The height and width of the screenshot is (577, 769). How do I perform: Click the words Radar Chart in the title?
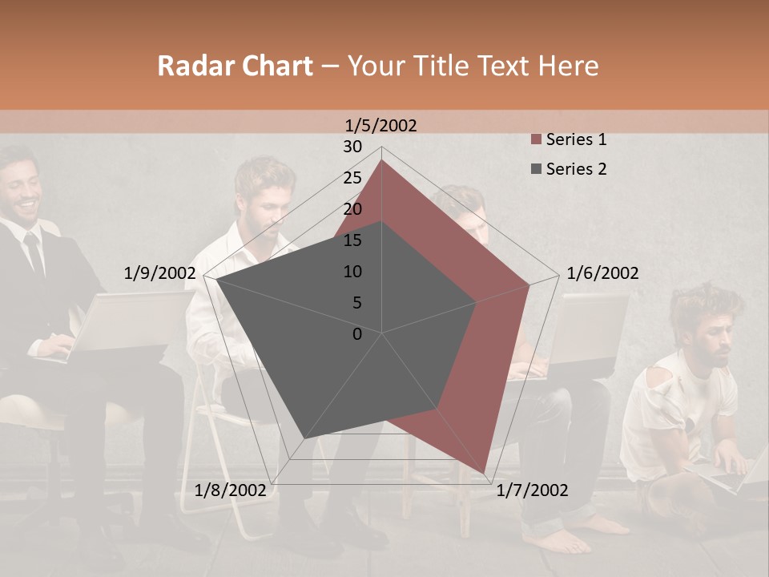(235, 66)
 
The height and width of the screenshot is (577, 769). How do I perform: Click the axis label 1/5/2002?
(381, 125)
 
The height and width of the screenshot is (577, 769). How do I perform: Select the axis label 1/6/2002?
(602, 273)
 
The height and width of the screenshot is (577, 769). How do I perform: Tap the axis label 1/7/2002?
(532, 490)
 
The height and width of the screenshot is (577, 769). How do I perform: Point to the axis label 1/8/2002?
(231, 490)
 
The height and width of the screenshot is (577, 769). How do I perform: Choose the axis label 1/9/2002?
(159, 273)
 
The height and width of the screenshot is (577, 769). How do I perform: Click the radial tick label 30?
(352, 147)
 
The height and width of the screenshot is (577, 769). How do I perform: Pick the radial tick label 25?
(352, 178)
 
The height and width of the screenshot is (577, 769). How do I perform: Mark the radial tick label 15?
(352, 240)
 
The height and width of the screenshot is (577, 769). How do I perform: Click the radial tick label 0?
(357, 334)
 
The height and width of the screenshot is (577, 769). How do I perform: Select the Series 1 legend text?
(576, 139)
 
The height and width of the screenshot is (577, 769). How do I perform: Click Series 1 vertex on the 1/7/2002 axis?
(485, 473)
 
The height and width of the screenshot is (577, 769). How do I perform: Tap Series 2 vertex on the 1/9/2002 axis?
(216, 280)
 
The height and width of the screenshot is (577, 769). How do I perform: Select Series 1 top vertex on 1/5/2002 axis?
(382, 160)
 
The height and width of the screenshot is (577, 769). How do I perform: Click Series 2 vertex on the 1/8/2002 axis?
(304, 439)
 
